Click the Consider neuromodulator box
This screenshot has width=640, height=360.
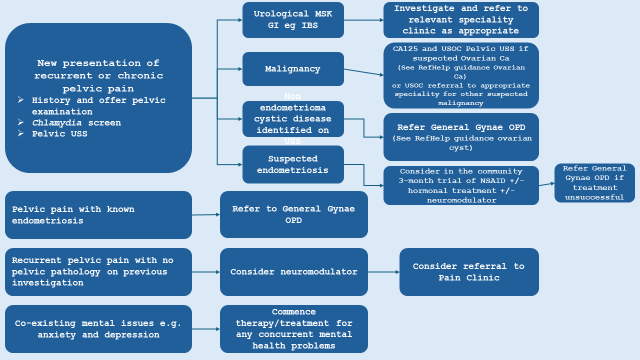click(293, 272)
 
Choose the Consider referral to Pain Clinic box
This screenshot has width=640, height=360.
click(468, 272)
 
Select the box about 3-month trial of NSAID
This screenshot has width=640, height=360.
click(461, 186)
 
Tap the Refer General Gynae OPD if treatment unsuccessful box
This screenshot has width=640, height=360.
click(594, 183)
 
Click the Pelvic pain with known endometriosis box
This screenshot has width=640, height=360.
click(98, 215)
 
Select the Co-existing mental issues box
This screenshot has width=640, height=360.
click(98, 329)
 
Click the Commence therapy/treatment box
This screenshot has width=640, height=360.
click(293, 329)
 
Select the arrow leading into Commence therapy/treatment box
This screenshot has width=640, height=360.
click(205, 329)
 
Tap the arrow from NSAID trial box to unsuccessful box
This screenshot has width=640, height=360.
click(546, 184)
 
